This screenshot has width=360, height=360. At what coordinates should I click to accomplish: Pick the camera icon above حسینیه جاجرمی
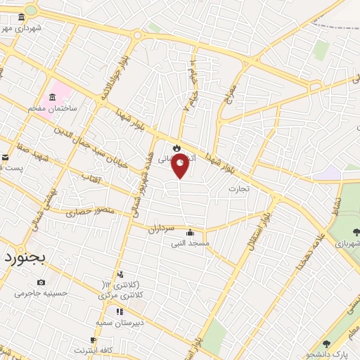click(41, 283)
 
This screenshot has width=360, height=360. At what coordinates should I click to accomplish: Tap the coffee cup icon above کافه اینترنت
click(94, 340)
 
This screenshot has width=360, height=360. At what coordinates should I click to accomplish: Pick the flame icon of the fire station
click(176, 148)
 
